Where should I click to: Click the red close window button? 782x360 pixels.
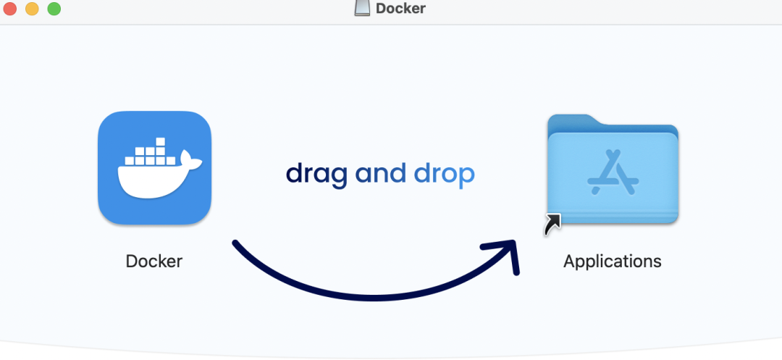click(10, 9)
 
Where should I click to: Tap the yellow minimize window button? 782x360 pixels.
click(32, 9)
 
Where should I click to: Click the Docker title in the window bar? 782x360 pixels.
click(400, 8)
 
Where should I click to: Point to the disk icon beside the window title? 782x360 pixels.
click(362, 7)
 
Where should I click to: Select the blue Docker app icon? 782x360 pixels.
click(155, 167)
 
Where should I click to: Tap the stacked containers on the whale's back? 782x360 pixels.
click(150, 152)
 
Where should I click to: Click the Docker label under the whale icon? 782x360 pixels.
click(154, 261)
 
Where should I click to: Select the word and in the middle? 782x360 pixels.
click(381, 174)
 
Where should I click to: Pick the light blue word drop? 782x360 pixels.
click(445, 175)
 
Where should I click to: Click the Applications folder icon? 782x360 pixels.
click(613, 169)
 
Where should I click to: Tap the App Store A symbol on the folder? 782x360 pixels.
click(613, 172)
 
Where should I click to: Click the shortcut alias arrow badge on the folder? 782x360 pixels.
click(552, 225)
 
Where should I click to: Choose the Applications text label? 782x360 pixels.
click(612, 261)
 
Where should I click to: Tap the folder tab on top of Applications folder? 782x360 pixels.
click(573, 121)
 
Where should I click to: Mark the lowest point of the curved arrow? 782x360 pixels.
click(374, 298)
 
